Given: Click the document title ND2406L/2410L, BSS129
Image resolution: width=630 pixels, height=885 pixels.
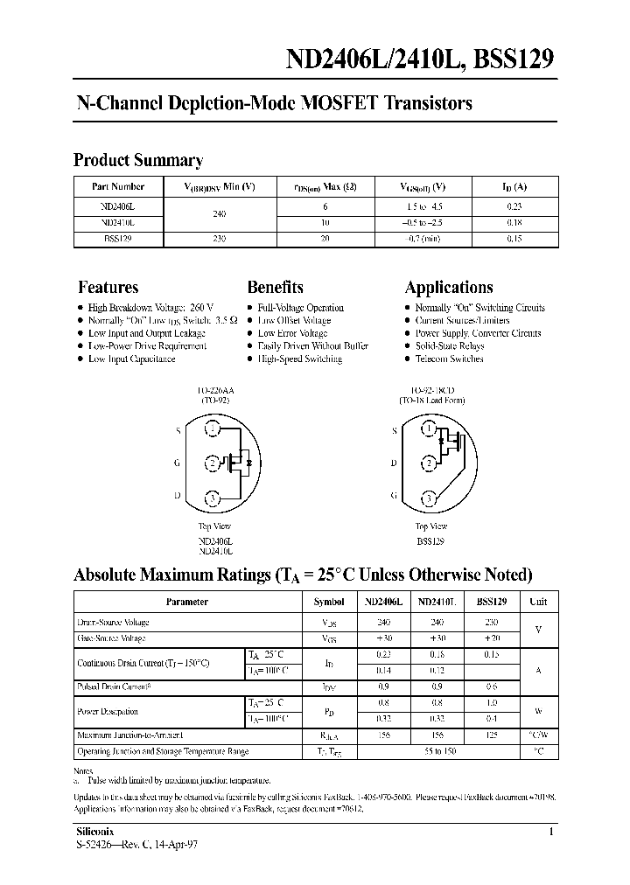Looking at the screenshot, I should point(420,59).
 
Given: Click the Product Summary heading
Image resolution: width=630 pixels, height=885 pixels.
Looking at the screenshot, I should point(138,160).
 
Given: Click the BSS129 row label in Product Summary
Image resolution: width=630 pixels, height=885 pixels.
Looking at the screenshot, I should point(118,237).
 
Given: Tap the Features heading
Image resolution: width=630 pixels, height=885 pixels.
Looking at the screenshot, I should point(108,287).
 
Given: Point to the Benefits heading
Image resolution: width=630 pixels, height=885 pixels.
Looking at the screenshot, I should point(276,287).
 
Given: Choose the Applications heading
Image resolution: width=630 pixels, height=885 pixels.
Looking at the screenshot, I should point(449,287).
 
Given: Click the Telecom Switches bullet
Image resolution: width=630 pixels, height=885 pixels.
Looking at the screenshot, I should point(449,359).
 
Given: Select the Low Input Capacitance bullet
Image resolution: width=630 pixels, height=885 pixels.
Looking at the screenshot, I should point(131,359).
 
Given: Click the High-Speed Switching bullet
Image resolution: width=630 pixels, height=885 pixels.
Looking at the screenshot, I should point(300,359).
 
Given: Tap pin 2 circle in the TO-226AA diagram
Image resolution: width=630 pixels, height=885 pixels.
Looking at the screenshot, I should point(212,463).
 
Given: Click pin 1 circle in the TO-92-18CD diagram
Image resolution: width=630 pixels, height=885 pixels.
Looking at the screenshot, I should point(428,429).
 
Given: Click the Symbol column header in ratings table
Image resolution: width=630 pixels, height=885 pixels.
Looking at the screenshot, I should point(329,602).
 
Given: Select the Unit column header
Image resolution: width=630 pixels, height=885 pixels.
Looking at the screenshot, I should point(537,602).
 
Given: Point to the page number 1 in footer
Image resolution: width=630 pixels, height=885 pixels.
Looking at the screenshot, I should point(550,833).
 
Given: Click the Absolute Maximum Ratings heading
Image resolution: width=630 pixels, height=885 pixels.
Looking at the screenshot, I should point(303,575).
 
